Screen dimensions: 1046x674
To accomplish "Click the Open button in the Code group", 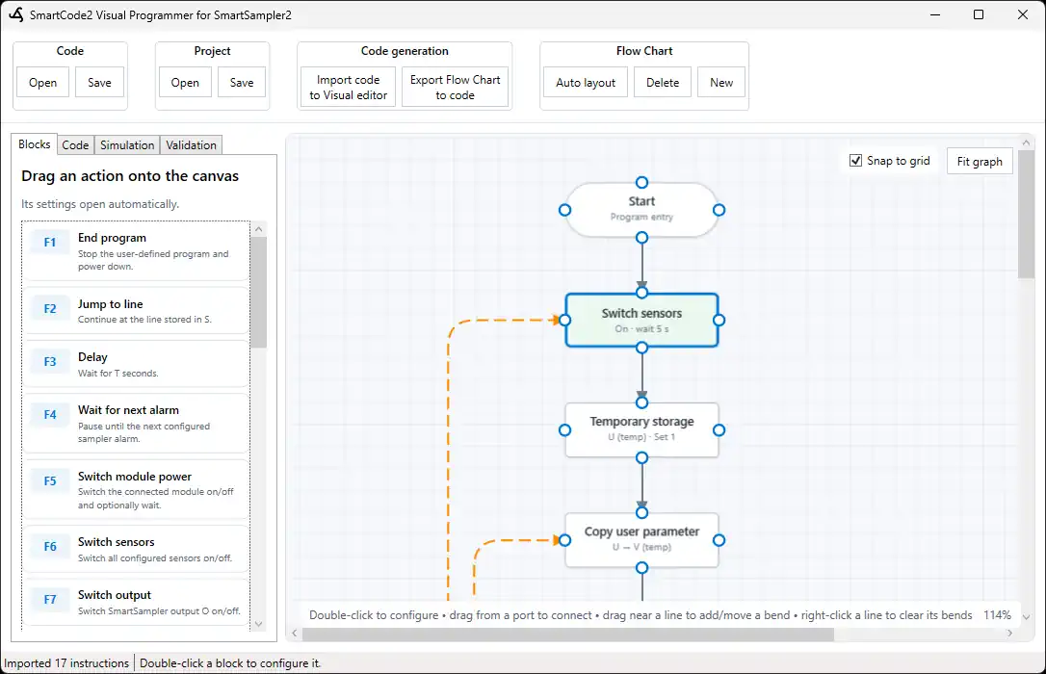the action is pyautogui.click(x=42, y=83).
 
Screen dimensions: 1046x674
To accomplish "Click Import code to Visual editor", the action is pyautogui.click(x=349, y=88).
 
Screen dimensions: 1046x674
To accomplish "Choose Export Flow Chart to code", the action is pyautogui.click(x=455, y=88).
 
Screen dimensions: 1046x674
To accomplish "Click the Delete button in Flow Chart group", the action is pyautogui.click(x=663, y=83).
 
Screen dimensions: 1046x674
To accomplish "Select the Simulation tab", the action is pyautogui.click(x=127, y=145).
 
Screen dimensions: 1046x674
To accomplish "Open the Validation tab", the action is pyautogui.click(x=191, y=145).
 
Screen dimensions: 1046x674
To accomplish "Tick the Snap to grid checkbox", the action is pyautogui.click(x=856, y=161).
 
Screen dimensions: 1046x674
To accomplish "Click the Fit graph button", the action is pyautogui.click(x=980, y=162).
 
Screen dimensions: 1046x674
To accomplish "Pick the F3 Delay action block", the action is pyautogui.click(x=136, y=364).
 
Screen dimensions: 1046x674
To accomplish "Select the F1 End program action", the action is pyautogui.click(x=136, y=251).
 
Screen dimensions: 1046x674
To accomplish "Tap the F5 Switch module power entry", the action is pyautogui.click(x=136, y=490).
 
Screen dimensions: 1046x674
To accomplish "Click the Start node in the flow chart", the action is pyautogui.click(x=641, y=209).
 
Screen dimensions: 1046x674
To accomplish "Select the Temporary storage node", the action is pyautogui.click(x=641, y=430).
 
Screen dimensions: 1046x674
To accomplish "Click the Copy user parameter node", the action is pyautogui.click(x=641, y=540).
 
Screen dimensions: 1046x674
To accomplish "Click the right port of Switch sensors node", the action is pyautogui.click(x=719, y=320).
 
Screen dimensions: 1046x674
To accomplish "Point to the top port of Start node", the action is pyautogui.click(x=641, y=183).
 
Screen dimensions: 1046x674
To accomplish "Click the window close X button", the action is pyautogui.click(x=1023, y=14).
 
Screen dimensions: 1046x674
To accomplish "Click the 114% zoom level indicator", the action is pyautogui.click(x=997, y=614).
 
